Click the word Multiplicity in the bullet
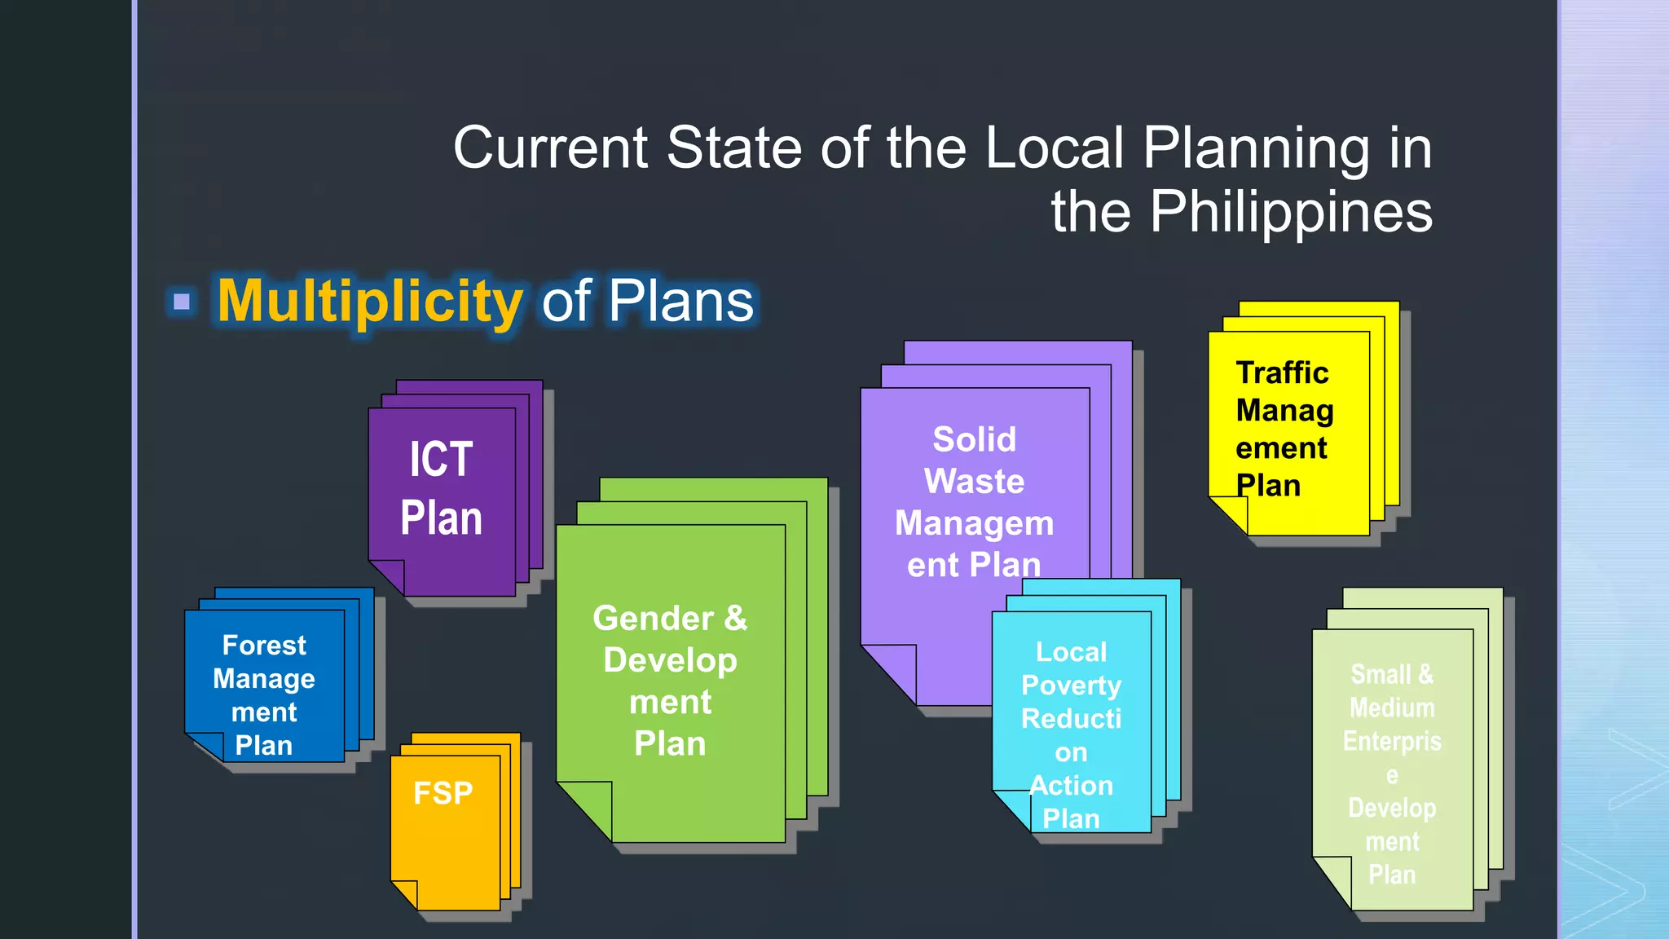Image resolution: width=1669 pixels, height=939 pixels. point(370,302)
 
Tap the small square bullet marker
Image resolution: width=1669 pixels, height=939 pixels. point(182,302)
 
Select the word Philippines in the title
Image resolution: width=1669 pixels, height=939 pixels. point(1291,212)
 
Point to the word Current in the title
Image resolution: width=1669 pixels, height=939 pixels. point(551,148)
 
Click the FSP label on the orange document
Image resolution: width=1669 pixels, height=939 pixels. point(443,793)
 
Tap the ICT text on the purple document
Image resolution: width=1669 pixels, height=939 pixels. point(441,459)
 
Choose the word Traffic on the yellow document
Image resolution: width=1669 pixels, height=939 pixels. point(1282,373)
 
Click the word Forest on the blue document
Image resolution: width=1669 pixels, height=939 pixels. point(264,645)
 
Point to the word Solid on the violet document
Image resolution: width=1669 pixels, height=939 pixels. point(975,439)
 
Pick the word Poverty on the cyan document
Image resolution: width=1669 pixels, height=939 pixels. point(1071,686)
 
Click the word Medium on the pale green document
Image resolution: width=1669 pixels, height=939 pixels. point(1392,708)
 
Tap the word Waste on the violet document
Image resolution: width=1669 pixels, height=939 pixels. point(975,481)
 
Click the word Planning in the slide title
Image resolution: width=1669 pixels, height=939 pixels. point(1255,148)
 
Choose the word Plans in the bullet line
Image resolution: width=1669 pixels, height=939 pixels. point(680,302)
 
